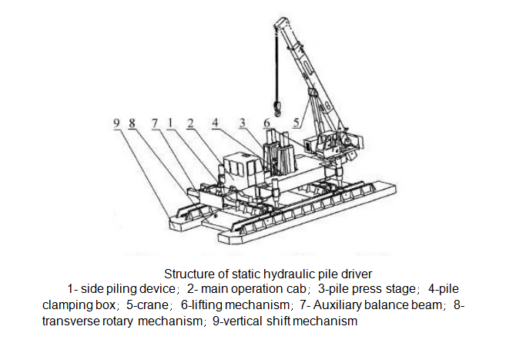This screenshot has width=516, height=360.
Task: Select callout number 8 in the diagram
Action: [132, 122]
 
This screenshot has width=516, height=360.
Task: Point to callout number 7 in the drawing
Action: [154, 122]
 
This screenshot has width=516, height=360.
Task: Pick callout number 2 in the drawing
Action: [189, 122]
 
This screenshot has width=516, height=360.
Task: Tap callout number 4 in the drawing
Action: [216, 122]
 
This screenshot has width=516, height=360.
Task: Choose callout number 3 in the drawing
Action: [242, 122]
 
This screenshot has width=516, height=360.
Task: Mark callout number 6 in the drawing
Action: [266, 122]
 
